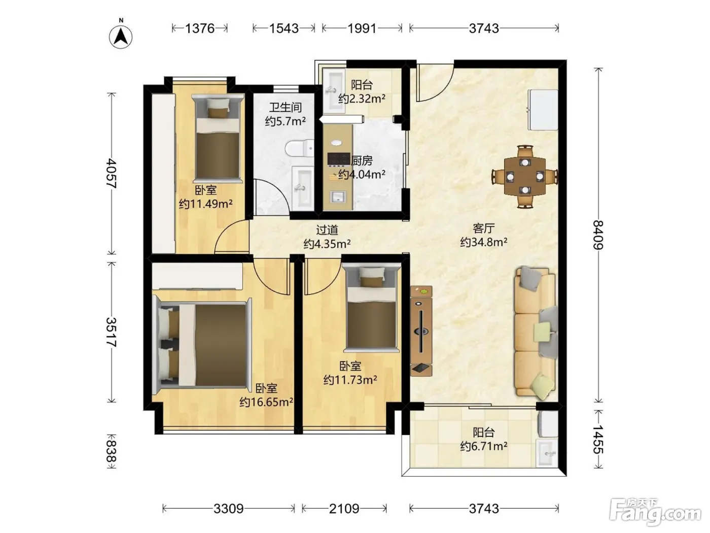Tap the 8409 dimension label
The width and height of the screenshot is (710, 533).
598,235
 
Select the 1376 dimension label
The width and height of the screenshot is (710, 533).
200,28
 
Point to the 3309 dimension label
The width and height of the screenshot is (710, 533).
228,509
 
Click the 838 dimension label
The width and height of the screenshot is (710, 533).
112,451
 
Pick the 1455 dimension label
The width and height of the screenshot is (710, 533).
598,440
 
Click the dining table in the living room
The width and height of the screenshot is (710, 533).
525,176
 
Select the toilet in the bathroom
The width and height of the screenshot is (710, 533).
300,149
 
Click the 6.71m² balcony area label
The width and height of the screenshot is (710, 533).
484,446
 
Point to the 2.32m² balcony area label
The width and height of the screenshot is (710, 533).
362,98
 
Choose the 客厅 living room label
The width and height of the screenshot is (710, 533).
484,228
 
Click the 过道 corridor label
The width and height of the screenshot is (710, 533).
327,230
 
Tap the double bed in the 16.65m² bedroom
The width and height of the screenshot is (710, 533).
202,345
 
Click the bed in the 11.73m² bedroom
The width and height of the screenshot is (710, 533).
372,308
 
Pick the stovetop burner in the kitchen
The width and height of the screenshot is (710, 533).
338,159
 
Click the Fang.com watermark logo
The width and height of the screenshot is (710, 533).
655,512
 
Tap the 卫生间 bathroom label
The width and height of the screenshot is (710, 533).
286,108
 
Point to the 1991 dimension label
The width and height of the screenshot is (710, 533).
362,28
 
